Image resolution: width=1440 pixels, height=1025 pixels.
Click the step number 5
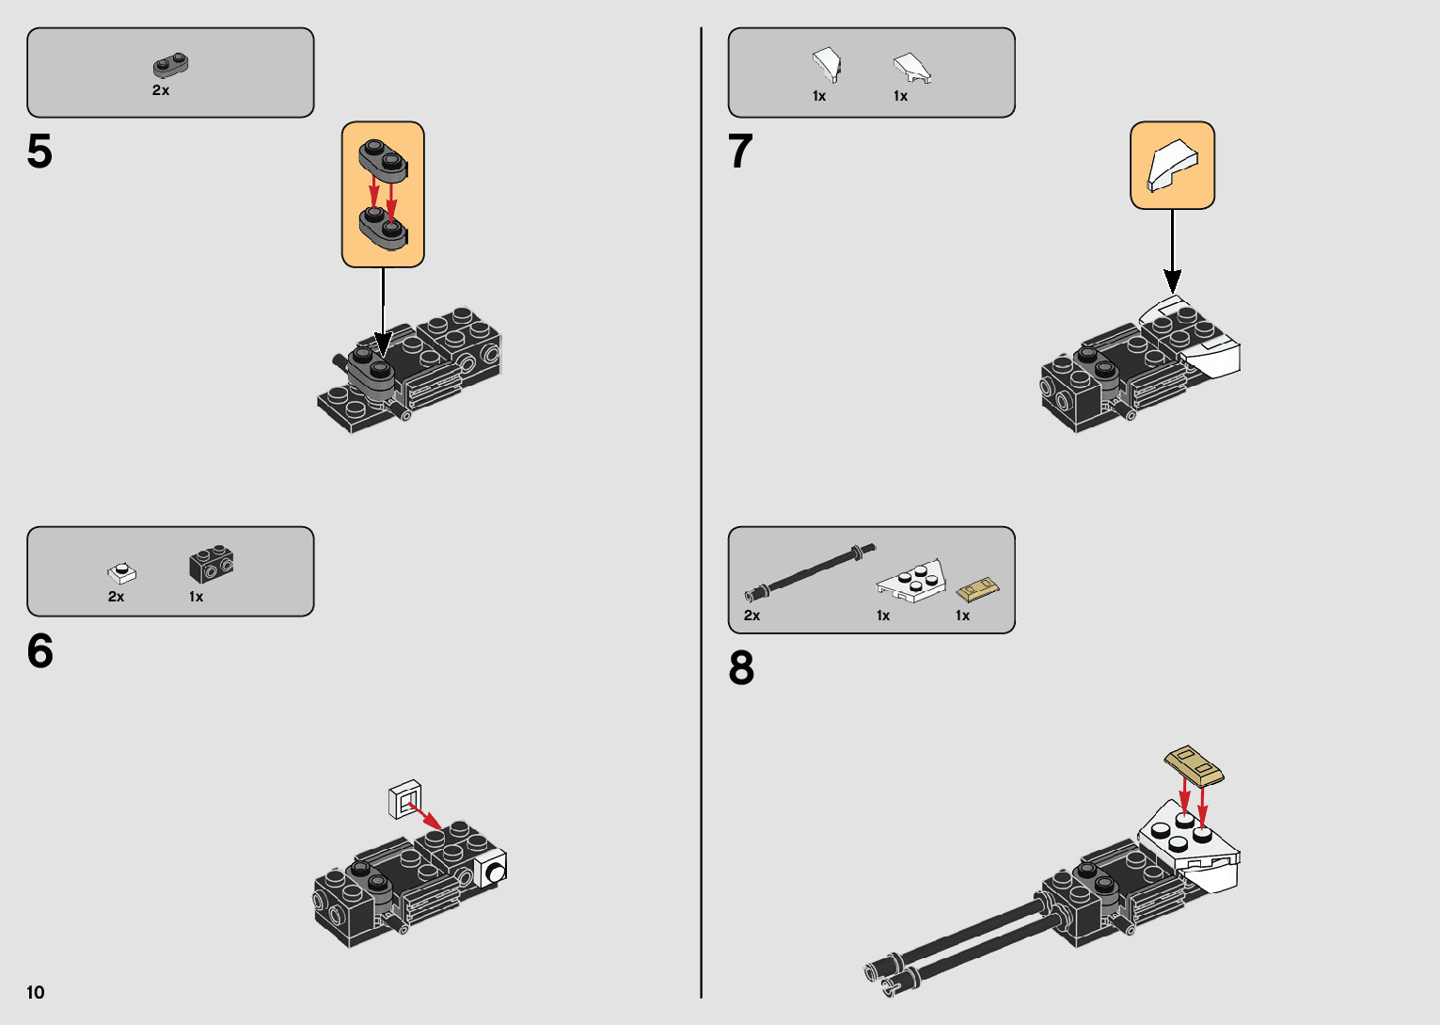coord(40,152)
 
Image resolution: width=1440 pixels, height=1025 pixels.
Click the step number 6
coord(40,650)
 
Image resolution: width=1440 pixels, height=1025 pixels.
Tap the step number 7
coord(740,152)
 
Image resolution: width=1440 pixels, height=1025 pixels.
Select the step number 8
coord(741,668)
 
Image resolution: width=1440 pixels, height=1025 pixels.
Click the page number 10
coord(36,992)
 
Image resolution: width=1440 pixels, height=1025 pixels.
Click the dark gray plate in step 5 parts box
coord(170,65)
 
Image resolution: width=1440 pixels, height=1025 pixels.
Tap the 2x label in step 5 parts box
coord(161,90)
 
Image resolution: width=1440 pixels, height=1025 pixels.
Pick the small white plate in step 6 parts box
coord(121,572)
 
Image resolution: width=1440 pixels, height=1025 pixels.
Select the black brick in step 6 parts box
coord(212,564)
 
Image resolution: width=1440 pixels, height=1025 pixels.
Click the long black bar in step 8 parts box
coord(810,571)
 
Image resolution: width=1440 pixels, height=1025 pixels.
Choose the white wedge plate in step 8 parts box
coord(911,581)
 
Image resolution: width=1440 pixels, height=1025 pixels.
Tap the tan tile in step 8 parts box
coord(978,590)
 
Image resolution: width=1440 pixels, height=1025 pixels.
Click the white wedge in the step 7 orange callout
coord(1173,165)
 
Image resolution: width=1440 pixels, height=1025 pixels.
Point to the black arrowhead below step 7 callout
coord(1173,282)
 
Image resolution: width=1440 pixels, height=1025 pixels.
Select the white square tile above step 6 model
coord(405,799)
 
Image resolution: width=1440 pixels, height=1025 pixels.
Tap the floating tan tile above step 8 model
coord(1194,766)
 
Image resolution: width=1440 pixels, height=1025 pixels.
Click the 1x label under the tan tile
coord(962,616)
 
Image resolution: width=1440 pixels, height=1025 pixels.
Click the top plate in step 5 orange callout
coord(383,160)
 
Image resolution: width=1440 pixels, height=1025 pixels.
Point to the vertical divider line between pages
coord(702,513)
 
